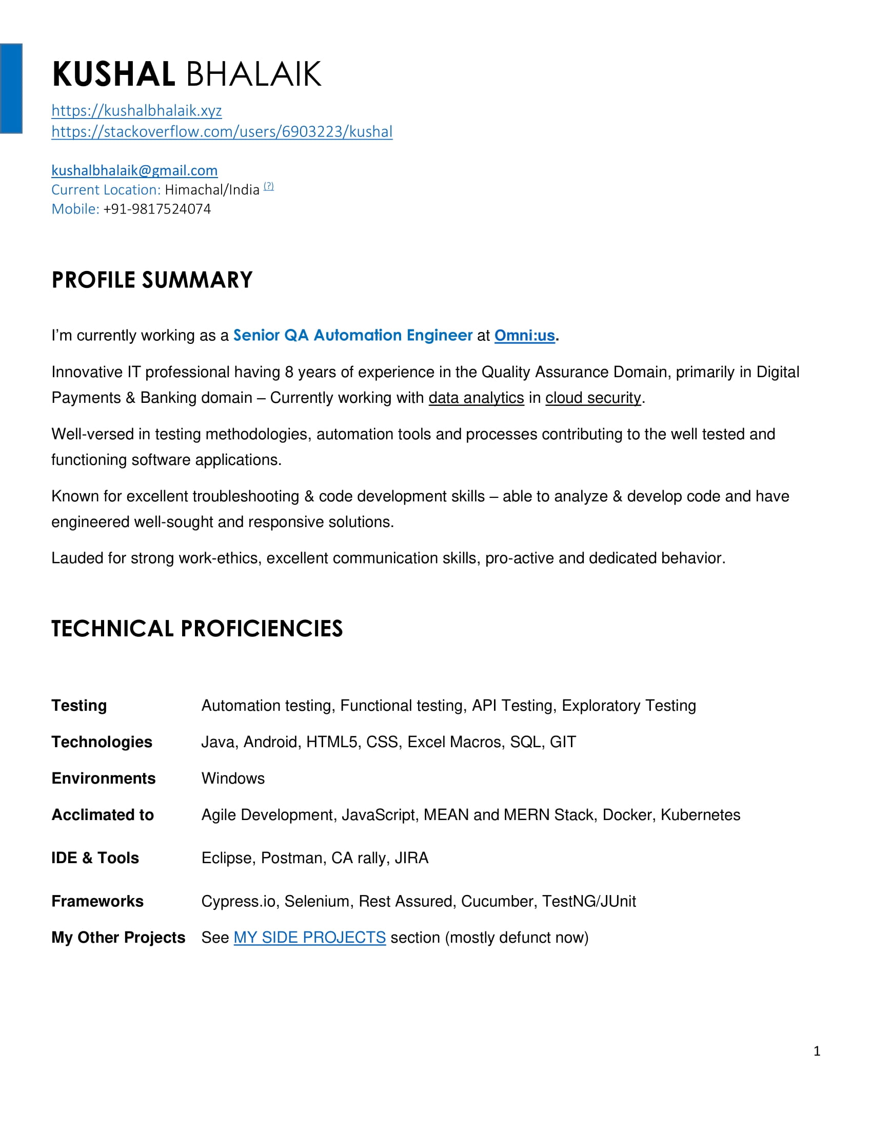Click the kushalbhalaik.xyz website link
click(136, 111)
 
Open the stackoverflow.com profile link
click(222, 132)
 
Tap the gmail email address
click(134, 170)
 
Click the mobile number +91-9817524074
click(157, 209)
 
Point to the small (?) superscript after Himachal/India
click(269, 186)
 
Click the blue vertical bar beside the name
click(11, 88)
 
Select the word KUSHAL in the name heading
click(114, 74)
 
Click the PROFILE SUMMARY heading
click(152, 280)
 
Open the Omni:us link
click(524, 336)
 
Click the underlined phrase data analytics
click(476, 398)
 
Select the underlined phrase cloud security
click(593, 398)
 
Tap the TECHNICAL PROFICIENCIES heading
click(197, 629)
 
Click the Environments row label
click(103, 778)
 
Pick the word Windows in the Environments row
click(233, 778)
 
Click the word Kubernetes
click(700, 815)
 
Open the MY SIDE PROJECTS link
click(309, 937)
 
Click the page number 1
click(817, 1051)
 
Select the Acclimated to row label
click(102, 815)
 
